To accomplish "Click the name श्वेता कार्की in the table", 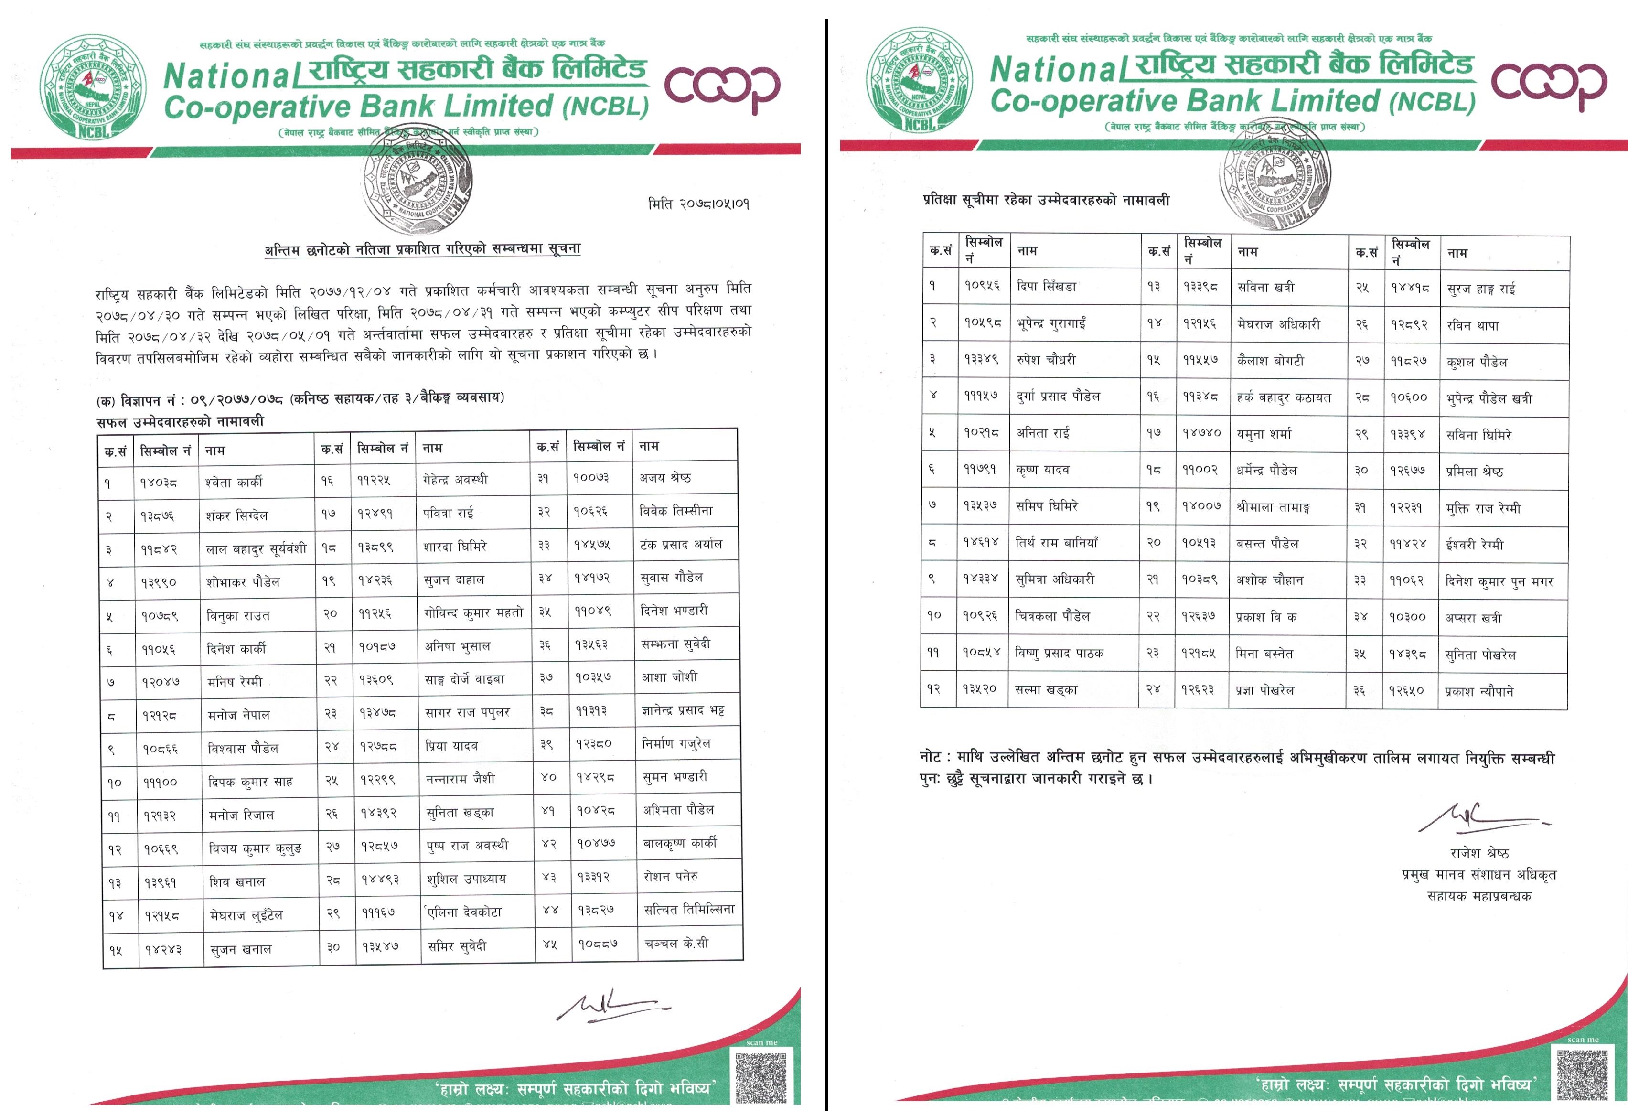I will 234,482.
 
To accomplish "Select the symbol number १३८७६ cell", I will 158,515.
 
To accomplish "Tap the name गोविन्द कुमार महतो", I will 473,613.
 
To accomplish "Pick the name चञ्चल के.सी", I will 676,944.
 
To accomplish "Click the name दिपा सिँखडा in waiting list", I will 1047,287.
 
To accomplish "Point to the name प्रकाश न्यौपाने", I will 1479,691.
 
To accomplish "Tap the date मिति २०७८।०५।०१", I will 698,204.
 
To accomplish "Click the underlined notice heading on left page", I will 422,249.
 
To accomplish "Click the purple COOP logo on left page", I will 721,87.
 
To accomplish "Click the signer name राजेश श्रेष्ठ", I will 1479,853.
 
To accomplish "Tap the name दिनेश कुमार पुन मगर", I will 1499,581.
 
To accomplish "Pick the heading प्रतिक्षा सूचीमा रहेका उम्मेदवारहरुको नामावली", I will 1046,200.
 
